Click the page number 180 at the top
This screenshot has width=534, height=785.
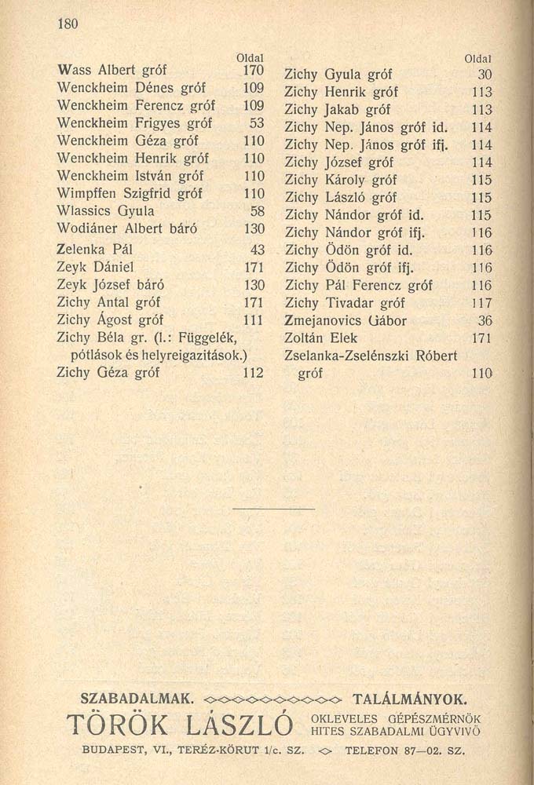pyautogui.click(x=69, y=24)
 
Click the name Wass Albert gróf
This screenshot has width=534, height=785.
pyautogui.click(x=112, y=71)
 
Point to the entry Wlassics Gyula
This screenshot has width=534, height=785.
pyautogui.click(x=106, y=210)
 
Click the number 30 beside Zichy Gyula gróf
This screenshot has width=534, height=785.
pyautogui.click(x=484, y=75)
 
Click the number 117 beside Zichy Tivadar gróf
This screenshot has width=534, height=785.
pyautogui.click(x=481, y=303)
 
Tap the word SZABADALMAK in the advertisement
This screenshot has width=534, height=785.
pyautogui.click(x=137, y=697)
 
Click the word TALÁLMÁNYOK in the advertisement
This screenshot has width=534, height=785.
pyautogui.click(x=410, y=697)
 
